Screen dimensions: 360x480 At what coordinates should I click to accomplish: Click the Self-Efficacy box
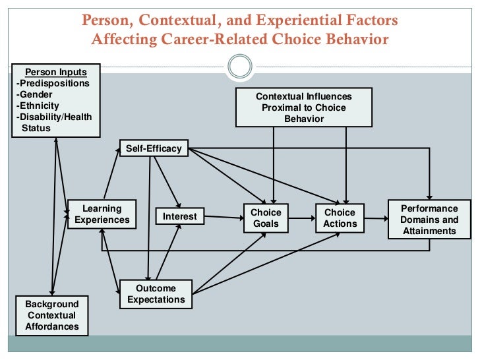pyautogui.click(x=153, y=148)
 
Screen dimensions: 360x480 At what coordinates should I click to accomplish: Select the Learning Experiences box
pyautogui.click(x=102, y=214)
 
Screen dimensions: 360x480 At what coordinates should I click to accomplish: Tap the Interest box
pyautogui.click(x=179, y=216)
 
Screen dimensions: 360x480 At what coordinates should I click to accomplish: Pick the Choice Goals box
pyautogui.click(x=266, y=218)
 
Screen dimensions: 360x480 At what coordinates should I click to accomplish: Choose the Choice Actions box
pyautogui.click(x=339, y=218)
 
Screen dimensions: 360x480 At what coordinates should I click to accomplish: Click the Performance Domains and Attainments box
pyautogui.click(x=429, y=220)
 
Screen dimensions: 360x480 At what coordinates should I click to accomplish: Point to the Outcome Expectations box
pyautogui.click(x=156, y=293)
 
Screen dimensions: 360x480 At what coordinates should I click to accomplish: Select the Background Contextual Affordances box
pyautogui.click(x=51, y=315)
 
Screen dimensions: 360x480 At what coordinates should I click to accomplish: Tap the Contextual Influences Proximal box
pyautogui.click(x=303, y=107)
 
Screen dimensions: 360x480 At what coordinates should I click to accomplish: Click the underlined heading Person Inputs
pyautogui.click(x=55, y=72)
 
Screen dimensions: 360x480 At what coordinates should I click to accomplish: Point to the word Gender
pyautogui.click(x=36, y=94)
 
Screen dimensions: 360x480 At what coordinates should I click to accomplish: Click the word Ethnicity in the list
pyautogui.click(x=39, y=105)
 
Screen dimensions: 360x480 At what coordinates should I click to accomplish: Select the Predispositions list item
pyautogui.click(x=53, y=83)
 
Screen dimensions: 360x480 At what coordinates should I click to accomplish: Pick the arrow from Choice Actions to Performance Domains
pyautogui.click(x=375, y=218)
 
